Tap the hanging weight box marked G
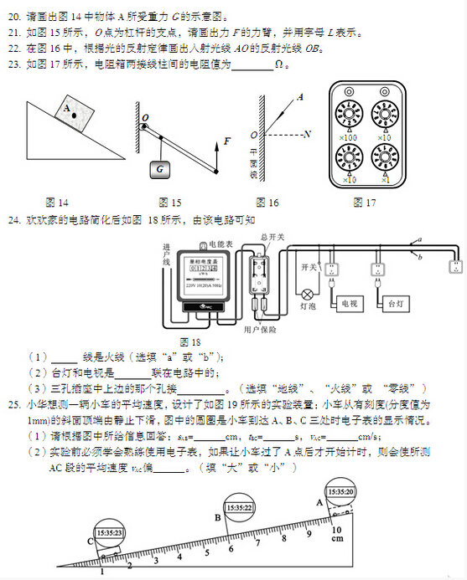pos(158,168)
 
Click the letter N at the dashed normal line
pos(308,134)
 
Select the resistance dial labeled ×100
pos(350,111)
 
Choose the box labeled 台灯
pos(397,304)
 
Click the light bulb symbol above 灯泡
pos(308,294)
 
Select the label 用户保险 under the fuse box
pos(260,330)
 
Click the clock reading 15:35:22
pos(238,507)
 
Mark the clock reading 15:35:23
pos(109,532)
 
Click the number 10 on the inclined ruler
pos(336,530)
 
